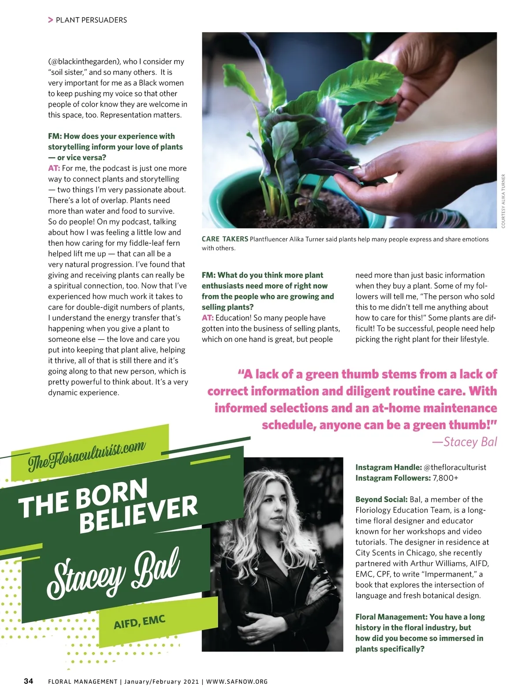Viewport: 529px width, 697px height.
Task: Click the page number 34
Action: (x=28, y=681)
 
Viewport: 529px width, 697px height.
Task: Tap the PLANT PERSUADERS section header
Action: (x=91, y=20)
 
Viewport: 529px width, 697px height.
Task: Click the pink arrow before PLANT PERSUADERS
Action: (x=51, y=20)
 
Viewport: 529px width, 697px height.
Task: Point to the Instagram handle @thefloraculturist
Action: (x=454, y=467)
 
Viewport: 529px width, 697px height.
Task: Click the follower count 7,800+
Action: (x=445, y=478)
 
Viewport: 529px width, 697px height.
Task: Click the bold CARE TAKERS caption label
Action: (x=225, y=239)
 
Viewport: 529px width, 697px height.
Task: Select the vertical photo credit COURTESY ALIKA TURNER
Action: (x=503, y=201)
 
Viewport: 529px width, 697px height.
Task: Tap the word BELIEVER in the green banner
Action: (x=138, y=513)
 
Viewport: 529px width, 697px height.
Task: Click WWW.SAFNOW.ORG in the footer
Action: (x=237, y=682)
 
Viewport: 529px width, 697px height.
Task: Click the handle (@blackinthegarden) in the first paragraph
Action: (x=85, y=62)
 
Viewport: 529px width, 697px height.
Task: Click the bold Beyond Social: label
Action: (x=381, y=499)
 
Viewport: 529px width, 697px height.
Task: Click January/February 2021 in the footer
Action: (x=161, y=682)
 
